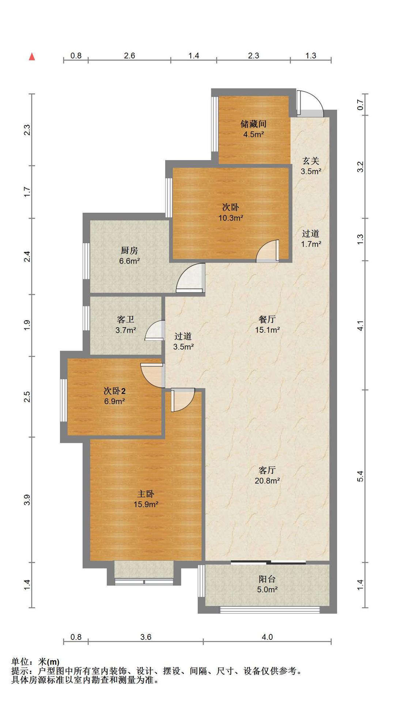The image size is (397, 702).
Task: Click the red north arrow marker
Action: point(32,57)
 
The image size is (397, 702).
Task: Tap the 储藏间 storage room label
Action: point(253,124)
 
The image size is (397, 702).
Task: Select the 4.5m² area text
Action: point(254,134)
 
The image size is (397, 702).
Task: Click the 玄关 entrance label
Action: point(311,161)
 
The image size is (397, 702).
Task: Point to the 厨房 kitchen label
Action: point(129,250)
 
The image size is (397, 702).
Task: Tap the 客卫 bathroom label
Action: point(126,320)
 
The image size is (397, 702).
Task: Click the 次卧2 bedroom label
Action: point(114,391)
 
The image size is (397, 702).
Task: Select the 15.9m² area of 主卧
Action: point(146,504)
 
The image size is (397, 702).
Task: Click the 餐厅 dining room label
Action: point(267,319)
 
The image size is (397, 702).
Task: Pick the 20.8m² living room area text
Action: point(267,480)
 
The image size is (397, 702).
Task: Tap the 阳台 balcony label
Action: point(267,579)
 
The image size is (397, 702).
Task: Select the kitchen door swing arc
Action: point(190,278)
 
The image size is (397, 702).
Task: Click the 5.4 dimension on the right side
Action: point(360,476)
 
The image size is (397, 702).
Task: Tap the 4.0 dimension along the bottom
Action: point(267,637)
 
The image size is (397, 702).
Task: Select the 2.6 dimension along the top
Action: point(129,56)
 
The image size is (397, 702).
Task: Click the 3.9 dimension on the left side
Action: point(27,499)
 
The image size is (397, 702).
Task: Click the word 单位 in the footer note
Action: point(20,662)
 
